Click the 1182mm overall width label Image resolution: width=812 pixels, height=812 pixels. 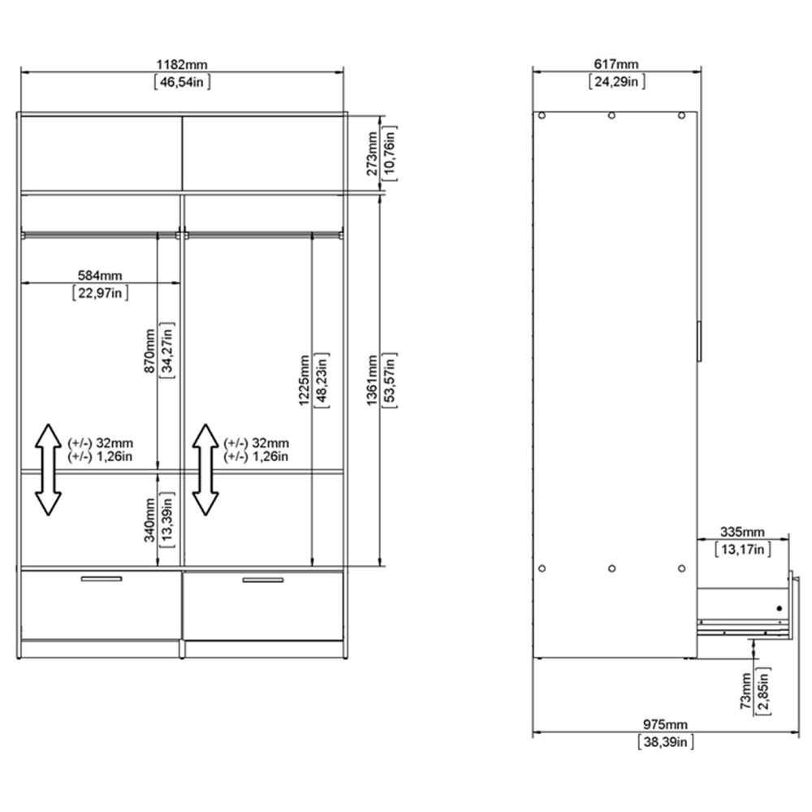coord(183,63)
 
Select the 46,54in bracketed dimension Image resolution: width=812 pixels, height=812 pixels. coord(183,80)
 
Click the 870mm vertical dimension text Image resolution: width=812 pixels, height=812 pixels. coord(149,351)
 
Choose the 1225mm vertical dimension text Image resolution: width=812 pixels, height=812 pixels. coord(302,379)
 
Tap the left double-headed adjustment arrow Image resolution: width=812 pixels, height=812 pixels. coord(49,469)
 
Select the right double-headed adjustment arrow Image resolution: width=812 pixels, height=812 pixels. coord(205,469)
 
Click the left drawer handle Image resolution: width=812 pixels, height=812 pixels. coord(101,579)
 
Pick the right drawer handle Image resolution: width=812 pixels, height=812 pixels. coord(263,579)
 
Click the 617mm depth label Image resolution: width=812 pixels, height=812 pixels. coord(615,63)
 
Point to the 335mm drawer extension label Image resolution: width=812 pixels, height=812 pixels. coord(742,532)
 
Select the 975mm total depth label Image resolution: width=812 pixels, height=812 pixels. coord(665,724)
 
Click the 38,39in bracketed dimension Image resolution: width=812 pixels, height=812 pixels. coord(665,741)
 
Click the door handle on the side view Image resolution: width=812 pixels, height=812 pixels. coord(698,341)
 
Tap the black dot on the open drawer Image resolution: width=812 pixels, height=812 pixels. coord(778,607)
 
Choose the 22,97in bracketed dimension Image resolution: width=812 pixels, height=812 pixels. coord(101,292)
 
